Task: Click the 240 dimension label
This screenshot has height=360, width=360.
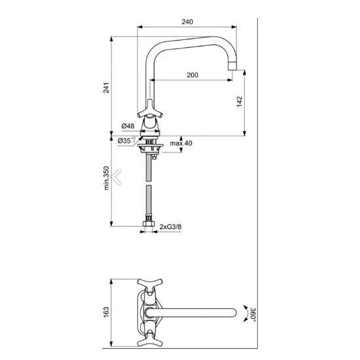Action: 187,22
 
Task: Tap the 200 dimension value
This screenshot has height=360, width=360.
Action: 192,75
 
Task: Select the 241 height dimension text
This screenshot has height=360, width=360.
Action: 106,88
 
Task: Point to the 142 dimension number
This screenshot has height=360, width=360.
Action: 239,101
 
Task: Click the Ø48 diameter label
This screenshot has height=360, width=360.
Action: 128,126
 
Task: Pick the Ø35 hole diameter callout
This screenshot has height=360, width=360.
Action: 126,141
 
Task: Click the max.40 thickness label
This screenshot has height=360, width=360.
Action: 181,143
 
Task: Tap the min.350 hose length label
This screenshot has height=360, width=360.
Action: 107,178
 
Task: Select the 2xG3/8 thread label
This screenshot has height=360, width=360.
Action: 170,227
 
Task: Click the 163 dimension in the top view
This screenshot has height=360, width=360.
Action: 106,312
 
